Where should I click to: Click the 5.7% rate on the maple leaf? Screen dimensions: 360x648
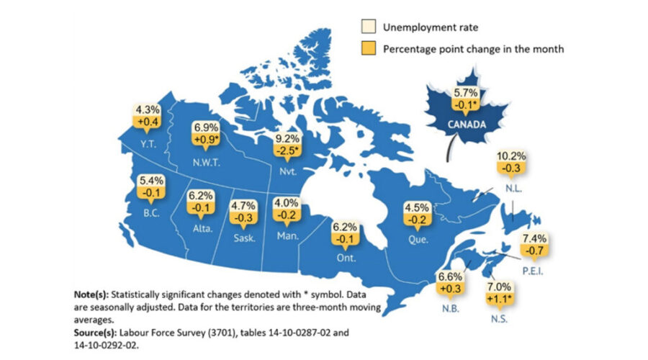(464, 94)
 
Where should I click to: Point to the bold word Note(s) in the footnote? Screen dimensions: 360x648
(93, 295)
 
